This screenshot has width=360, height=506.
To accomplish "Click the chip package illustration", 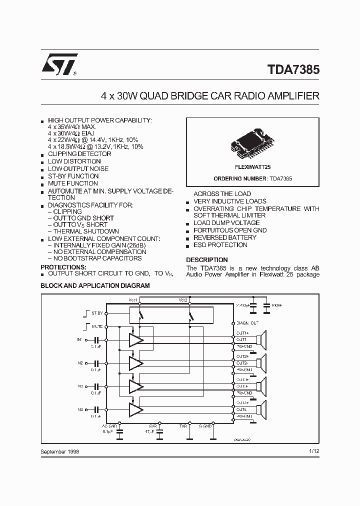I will pyautogui.click(x=252, y=140).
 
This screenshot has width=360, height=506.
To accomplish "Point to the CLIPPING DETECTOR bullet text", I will pyautogui.click(x=79, y=154).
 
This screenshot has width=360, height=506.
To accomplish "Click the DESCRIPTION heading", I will pyautogui.click(x=207, y=260).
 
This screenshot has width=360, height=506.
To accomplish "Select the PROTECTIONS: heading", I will pyautogui.click(x=63, y=267).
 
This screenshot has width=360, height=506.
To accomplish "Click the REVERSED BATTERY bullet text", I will pyautogui.click(x=224, y=237).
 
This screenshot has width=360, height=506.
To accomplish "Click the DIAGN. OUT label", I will pyautogui.click(x=248, y=323).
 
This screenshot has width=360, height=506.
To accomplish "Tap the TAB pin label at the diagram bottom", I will pyautogui.click(x=183, y=426).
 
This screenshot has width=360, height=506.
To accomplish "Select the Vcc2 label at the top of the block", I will pyautogui.click(x=183, y=299).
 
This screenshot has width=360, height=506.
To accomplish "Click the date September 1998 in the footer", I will pyautogui.click(x=59, y=451).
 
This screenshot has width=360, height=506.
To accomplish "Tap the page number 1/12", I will pyautogui.click(x=313, y=451).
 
